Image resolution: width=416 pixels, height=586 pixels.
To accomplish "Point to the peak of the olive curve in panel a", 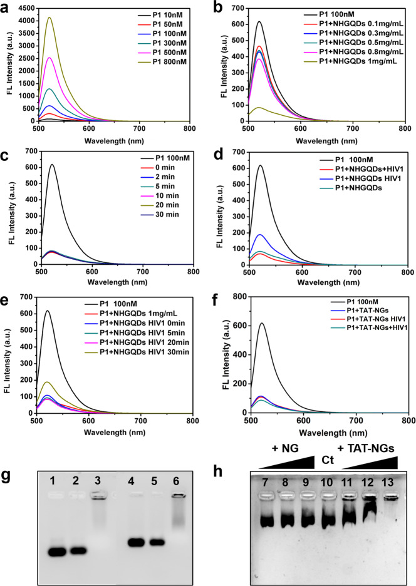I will pos(49,18).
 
